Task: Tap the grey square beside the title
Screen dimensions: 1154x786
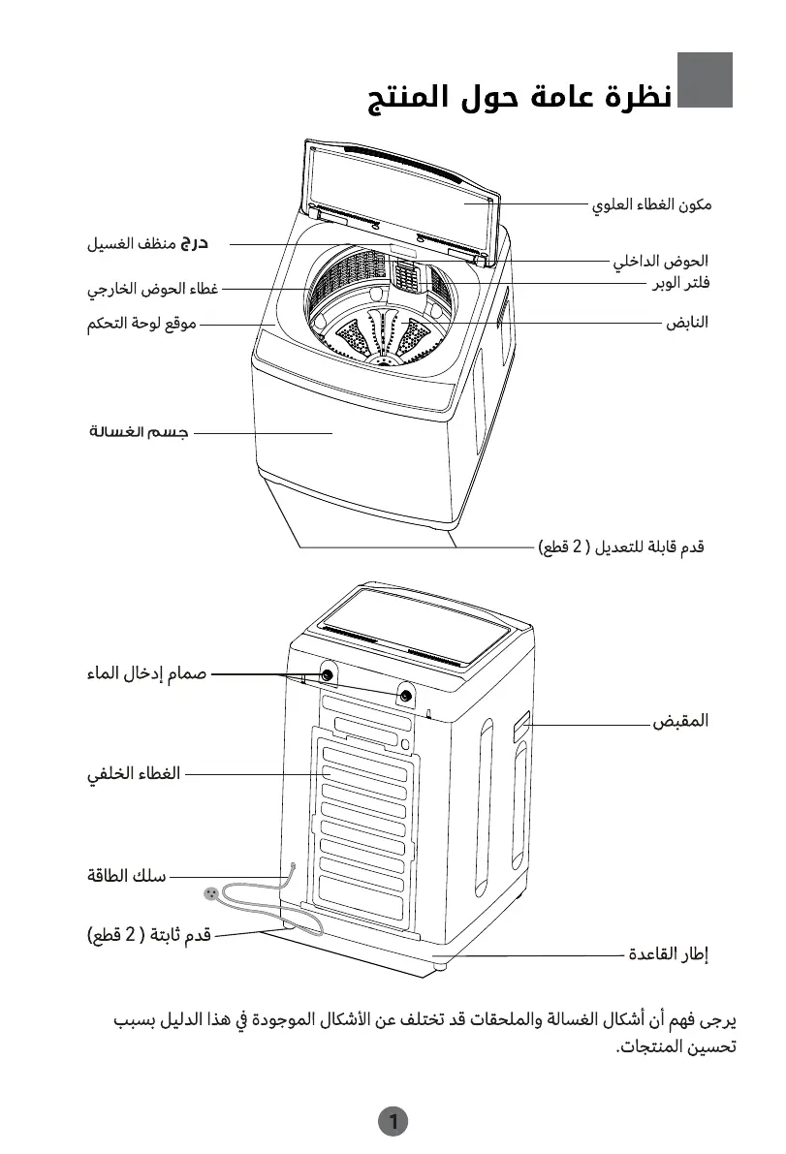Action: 705,79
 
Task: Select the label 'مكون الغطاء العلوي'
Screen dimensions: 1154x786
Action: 652,205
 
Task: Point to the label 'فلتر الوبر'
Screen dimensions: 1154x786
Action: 679,283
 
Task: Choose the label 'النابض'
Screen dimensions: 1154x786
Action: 687,323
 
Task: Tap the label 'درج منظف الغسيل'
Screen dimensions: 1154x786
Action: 149,243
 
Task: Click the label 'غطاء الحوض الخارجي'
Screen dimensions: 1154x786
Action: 152,289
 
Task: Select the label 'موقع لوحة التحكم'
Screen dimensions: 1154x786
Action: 141,324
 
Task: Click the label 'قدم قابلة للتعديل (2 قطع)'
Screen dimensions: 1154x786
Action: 621,547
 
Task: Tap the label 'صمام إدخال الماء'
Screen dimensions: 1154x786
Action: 146,673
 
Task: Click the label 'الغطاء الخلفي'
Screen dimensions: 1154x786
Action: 134,774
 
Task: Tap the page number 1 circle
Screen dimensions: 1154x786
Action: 393,1122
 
